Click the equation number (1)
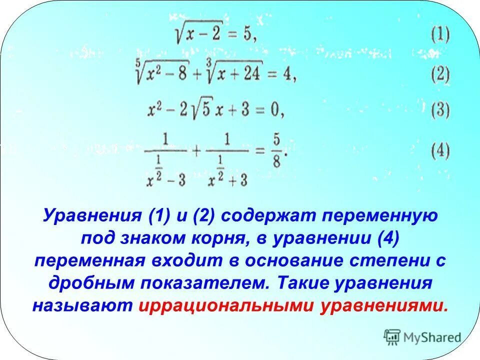tap(440, 35)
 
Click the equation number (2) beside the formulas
tap(440, 75)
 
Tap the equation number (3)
tap(440, 110)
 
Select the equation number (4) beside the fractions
tap(440, 151)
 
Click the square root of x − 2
tap(196, 34)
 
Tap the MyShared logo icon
tap(392, 337)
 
